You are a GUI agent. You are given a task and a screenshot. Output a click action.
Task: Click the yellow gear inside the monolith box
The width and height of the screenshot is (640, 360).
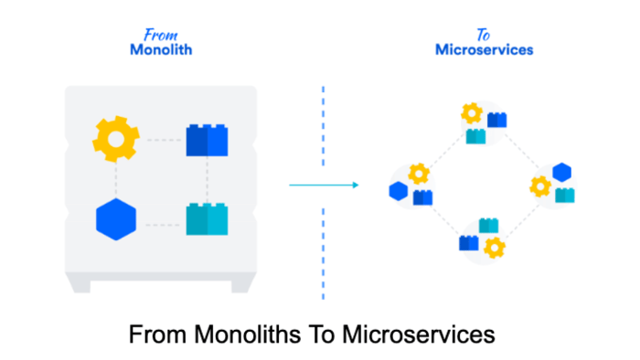(x=115, y=140)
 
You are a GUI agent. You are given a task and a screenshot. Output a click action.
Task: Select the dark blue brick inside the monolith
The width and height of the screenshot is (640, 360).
(x=207, y=140)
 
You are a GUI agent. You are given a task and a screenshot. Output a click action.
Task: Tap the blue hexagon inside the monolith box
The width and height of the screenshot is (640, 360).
(x=116, y=219)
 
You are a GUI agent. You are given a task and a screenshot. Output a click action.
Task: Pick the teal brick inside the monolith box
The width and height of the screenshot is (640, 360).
(x=207, y=220)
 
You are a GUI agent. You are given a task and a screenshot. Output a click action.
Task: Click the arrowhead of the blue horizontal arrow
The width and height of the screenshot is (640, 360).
(x=354, y=185)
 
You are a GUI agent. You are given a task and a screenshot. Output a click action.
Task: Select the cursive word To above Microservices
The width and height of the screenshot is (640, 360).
(x=484, y=36)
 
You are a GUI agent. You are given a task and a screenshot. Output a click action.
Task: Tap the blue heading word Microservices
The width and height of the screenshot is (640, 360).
(x=484, y=51)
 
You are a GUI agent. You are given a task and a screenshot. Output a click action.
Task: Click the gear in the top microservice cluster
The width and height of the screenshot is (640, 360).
(x=471, y=114)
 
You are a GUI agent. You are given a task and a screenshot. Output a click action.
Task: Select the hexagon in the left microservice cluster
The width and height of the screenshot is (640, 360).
(x=398, y=191)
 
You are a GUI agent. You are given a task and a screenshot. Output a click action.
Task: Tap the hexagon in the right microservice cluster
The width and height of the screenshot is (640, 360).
(x=561, y=172)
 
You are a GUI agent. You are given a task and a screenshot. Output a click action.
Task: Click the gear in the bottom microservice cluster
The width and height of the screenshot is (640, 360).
(x=495, y=247)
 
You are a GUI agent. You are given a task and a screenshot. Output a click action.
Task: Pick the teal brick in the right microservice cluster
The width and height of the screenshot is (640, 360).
(x=565, y=194)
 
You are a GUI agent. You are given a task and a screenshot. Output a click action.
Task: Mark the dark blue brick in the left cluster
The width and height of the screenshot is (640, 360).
(x=422, y=196)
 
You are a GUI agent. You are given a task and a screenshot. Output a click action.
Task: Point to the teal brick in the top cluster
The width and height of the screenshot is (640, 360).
(x=475, y=136)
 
